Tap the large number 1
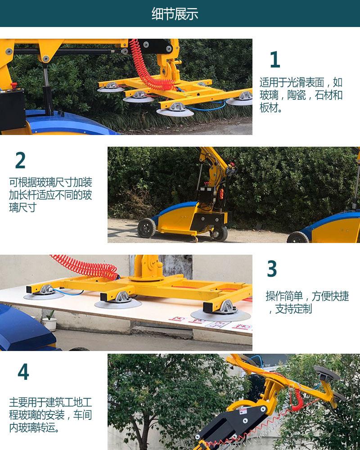pos(274,60)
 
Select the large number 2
pos(20,161)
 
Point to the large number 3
pos(272,269)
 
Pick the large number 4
pos(23,372)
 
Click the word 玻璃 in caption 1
pos(269,95)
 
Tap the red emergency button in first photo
pos(13,85)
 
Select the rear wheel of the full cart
pos(146,228)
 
